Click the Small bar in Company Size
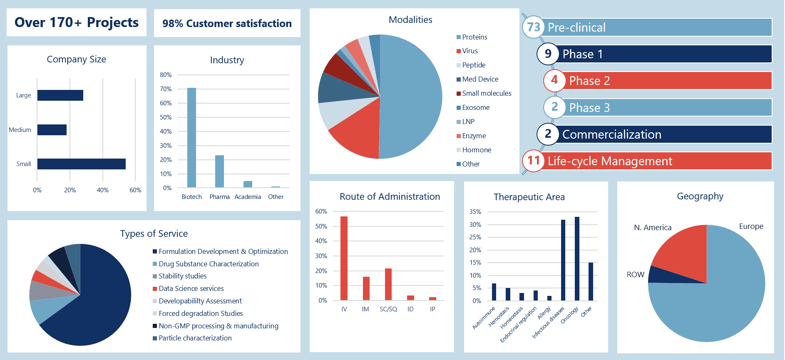coord(82,164)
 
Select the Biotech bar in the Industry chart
coord(191,138)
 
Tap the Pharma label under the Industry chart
coord(220,197)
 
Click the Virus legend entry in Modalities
coord(467,51)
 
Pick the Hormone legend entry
coord(474,150)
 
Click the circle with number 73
coord(533,27)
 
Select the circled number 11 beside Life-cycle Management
coord(533,161)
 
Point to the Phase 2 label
coord(589,81)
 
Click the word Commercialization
coord(612,134)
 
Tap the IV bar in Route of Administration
coord(344,258)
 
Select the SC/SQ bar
coord(388,284)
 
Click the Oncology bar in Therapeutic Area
coord(577,258)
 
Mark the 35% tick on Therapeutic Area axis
coord(475,212)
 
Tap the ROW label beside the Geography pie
coord(636,275)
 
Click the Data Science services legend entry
coord(188,288)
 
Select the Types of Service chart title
coord(154,234)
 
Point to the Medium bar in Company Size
coord(52,130)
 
